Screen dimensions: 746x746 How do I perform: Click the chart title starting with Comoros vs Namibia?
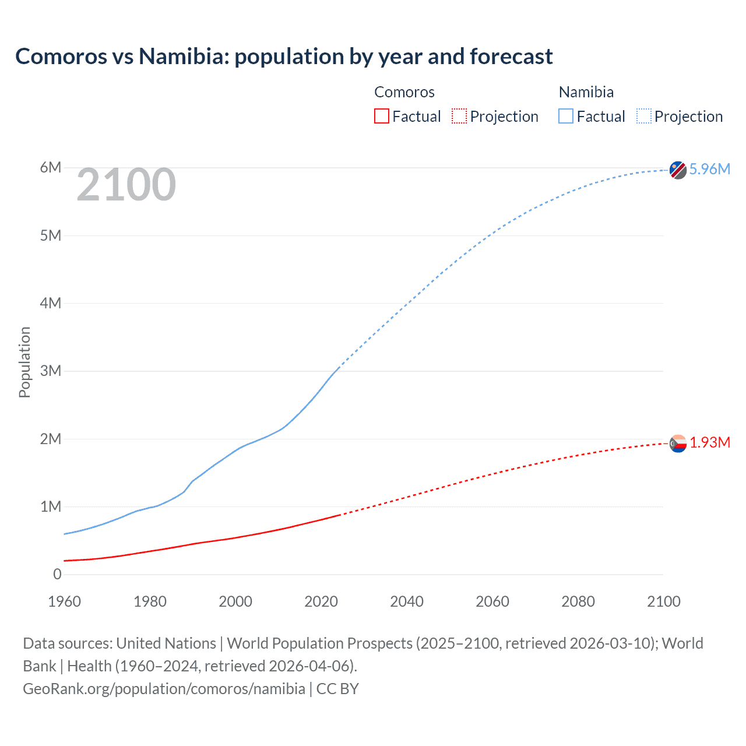coord(284,57)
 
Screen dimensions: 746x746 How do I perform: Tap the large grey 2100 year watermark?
coord(126,185)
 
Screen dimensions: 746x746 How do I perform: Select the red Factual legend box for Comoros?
coord(381,117)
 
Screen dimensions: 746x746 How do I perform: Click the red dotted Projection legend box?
coord(459,117)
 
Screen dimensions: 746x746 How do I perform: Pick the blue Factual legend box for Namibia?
coord(566,117)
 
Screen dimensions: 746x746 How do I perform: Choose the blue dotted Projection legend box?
coord(644,117)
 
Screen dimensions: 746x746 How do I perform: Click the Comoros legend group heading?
coord(404,92)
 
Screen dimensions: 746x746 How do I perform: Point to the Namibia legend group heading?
coord(586,92)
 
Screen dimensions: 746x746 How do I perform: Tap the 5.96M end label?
coord(709,169)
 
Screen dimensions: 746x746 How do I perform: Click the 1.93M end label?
coord(710,442)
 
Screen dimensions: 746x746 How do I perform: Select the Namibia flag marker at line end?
coord(678,170)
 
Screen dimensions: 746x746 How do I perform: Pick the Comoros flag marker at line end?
coord(678,444)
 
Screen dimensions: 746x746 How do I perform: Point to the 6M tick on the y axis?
coord(51,168)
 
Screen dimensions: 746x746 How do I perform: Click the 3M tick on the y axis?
coord(51,371)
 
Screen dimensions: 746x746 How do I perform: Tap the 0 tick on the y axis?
coord(57,575)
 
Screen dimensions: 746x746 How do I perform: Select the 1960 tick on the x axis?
coord(64,601)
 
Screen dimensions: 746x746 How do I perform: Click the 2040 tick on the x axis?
coord(407,601)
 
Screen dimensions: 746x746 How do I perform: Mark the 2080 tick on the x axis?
coord(578,601)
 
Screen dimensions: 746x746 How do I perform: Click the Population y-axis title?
coord(24,362)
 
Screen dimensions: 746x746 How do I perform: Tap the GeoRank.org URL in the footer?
coord(164,689)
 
